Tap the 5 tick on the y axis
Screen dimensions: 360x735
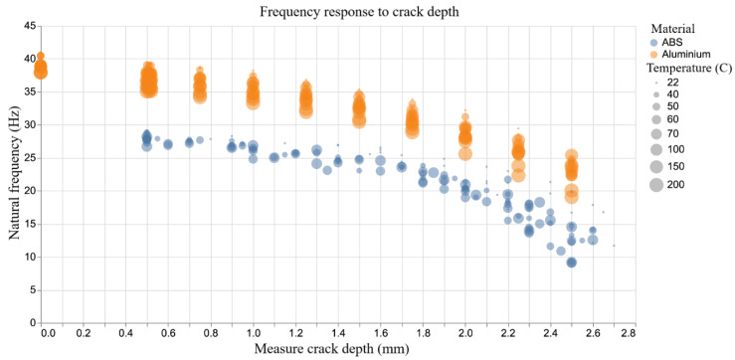(29, 289)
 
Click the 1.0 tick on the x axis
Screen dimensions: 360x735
(254, 333)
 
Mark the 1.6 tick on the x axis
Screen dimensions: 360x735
(381, 333)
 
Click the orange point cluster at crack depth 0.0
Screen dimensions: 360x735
(41, 68)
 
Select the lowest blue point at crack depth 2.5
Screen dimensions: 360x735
(572, 263)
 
